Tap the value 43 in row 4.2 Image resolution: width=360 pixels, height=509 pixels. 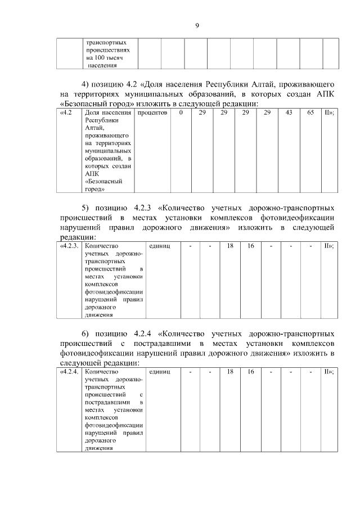289,114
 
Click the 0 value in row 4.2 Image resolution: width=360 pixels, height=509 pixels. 181,114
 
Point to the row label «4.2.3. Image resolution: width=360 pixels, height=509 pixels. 69,246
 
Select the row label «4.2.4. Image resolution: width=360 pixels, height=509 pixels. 69,372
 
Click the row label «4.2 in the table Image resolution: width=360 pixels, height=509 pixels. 66,114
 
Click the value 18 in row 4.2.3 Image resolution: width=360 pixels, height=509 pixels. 230,246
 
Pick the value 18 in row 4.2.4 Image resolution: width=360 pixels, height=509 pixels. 230,372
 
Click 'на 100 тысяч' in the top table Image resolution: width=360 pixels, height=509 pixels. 105,58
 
